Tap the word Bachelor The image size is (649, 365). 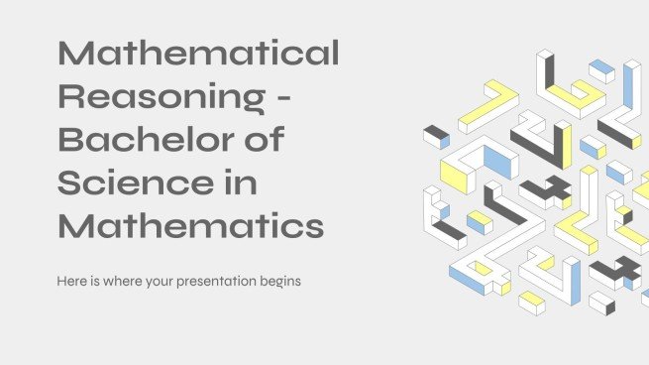coord(146,139)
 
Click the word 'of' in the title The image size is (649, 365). coord(265,139)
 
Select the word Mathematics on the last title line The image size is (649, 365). coord(190,226)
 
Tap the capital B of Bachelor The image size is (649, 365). coord(71,139)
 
